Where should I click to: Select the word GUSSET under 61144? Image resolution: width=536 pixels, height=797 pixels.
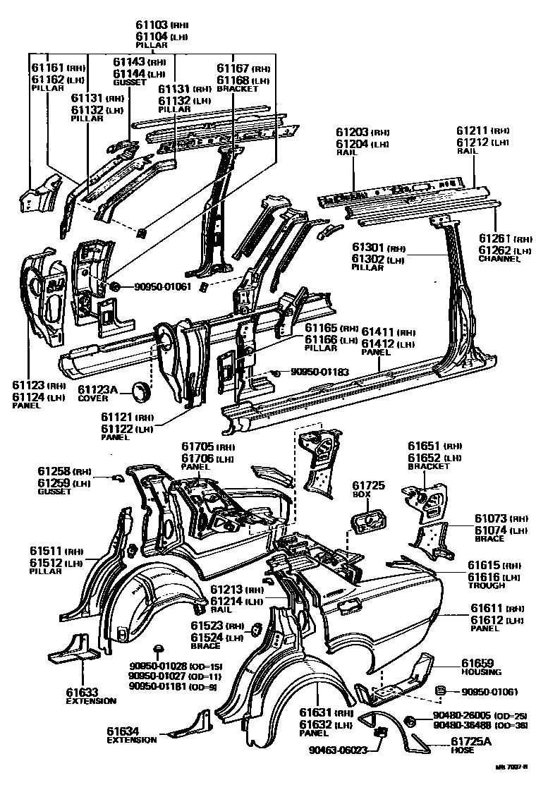pos(128,83)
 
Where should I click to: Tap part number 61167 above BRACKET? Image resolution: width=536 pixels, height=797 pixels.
pos(233,68)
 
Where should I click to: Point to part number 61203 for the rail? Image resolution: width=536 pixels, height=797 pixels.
pos(352,132)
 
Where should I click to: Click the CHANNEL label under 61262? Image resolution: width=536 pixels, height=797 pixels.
pos(499,259)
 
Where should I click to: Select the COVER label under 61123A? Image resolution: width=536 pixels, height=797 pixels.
pos(93,399)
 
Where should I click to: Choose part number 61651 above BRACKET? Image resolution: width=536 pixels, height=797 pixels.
pos(425,446)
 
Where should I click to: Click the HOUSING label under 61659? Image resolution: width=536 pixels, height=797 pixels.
pos(481,672)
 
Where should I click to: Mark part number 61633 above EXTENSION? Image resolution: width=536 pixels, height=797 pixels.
pos(83,692)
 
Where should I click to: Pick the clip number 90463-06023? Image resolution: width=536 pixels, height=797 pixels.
pos(338,750)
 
